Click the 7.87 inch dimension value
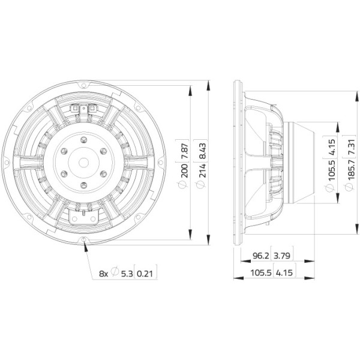185,151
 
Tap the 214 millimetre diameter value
203,170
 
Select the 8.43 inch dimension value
203,151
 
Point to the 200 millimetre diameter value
185,170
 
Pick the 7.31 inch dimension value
352,147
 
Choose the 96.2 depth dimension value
260,256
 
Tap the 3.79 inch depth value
282,256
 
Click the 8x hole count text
103,274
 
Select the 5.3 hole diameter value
127,274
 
